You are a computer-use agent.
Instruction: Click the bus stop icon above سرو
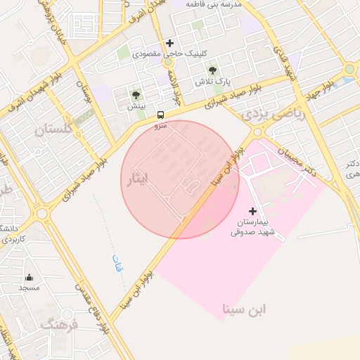[x=161, y=115]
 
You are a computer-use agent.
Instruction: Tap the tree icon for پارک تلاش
[x=212, y=70]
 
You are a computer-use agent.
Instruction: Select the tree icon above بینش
[x=136, y=95]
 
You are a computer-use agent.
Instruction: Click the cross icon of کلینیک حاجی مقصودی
[x=169, y=43]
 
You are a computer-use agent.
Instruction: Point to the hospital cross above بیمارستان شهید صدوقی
[x=253, y=211]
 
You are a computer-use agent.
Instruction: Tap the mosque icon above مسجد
[x=29, y=277]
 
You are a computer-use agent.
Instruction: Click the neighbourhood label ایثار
[x=137, y=180]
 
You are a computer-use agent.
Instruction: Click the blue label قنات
[x=117, y=264]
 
